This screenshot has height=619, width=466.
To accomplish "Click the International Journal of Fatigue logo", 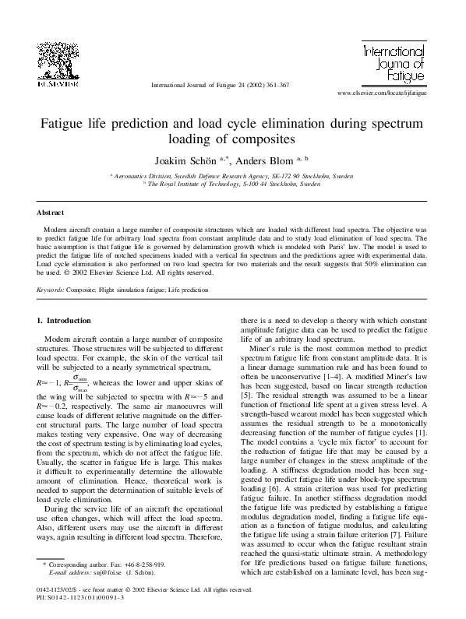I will [394, 64].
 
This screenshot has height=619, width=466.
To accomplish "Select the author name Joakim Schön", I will [193, 160].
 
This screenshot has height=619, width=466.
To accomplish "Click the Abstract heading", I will [51, 213].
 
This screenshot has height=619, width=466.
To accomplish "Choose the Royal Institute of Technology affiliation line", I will [234, 185].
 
